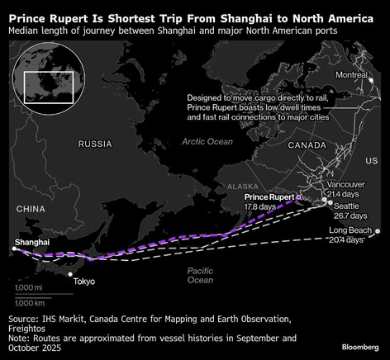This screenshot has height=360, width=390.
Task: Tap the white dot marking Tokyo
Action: [x=70, y=274]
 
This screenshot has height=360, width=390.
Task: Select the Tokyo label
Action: [x=84, y=282]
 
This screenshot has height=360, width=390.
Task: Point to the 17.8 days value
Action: [x=263, y=206]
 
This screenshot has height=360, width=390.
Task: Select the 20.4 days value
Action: [x=346, y=239]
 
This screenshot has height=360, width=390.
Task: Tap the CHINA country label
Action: [x=30, y=208]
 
